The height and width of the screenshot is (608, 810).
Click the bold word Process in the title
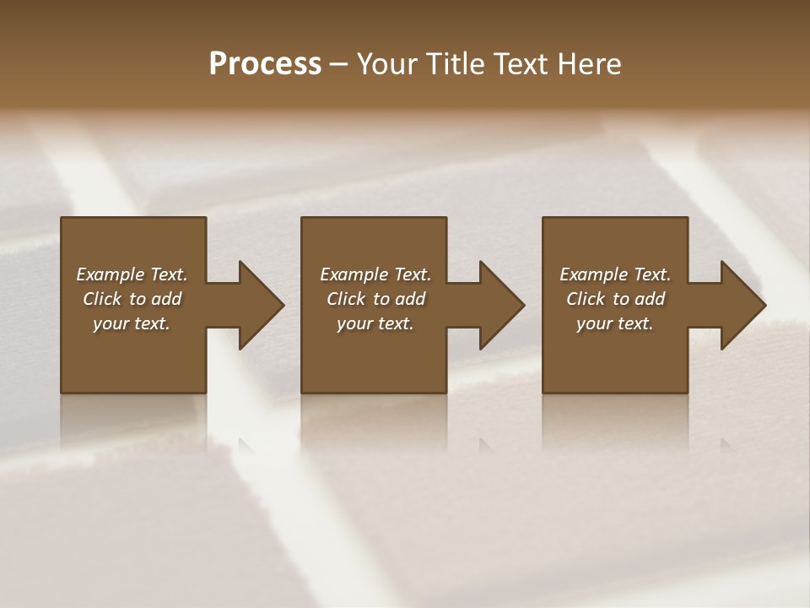click(265, 64)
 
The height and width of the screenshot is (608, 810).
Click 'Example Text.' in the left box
click(132, 274)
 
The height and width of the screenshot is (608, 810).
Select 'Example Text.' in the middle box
click(375, 274)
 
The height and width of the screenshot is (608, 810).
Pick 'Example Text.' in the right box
click(615, 274)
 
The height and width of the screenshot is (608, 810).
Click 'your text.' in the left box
click(132, 323)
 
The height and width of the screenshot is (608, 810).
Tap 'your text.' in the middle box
click(375, 323)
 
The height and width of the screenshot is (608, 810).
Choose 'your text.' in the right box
click(615, 323)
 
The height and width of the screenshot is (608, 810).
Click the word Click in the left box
click(102, 299)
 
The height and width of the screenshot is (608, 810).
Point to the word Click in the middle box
click(346, 299)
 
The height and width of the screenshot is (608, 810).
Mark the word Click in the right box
click(586, 299)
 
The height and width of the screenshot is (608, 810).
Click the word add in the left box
click(167, 299)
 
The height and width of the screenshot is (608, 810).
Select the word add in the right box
click(651, 299)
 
